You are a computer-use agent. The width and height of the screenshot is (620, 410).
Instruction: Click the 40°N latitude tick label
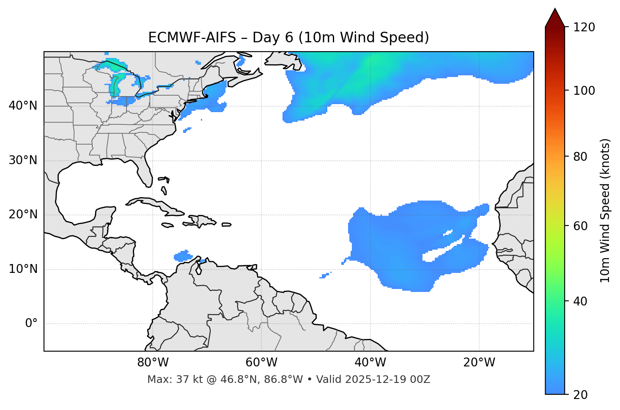coord(23,106)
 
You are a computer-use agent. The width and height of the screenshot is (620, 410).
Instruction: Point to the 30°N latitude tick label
coord(23,160)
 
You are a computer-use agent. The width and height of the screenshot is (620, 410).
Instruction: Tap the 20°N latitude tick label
coord(23,215)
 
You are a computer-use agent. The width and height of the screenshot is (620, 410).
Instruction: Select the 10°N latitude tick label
coord(23,269)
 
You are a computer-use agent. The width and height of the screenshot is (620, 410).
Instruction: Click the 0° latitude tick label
coord(31,324)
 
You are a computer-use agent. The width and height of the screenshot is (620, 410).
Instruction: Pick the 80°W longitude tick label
coord(153,363)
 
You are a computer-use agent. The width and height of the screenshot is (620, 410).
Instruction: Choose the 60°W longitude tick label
coord(261,363)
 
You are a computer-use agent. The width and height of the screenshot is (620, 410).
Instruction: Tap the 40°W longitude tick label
coord(370,363)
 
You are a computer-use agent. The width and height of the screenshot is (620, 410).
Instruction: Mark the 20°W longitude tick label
coord(479,363)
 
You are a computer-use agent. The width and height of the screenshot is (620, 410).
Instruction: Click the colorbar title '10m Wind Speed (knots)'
coord(605,211)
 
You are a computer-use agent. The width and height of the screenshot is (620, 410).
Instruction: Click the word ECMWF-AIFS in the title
coord(192,38)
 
